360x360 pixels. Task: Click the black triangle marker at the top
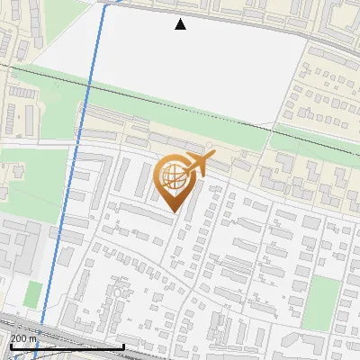pyautogui.click(x=181, y=24)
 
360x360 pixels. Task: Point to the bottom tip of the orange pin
pyautogui.click(x=174, y=212)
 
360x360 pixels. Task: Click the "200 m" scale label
pyautogui.click(x=24, y=337)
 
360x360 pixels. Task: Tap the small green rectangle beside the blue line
pyautogui.click(x=33, y=293)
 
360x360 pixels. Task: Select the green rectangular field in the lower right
pyautogui.click(x=320, y=302)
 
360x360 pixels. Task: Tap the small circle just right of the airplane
pyautogui.click(x=210, y=144)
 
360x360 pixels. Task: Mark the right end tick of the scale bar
pyautogui.click(x=123, y=346)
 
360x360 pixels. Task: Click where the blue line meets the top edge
pyautogui.click(x=104, y=2)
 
